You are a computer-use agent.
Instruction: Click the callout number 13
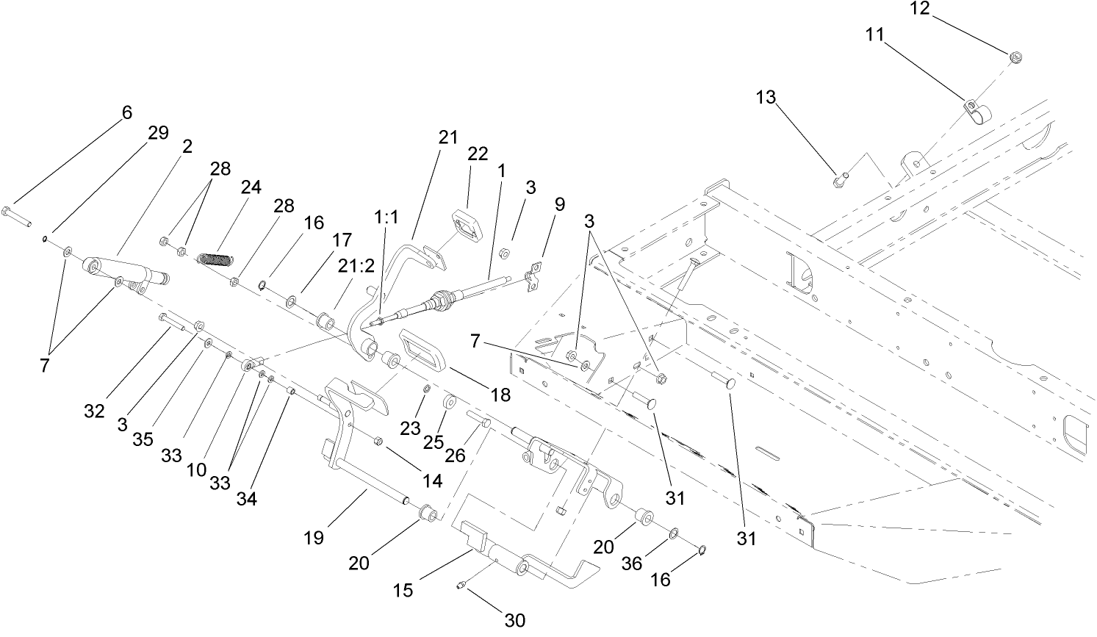pos(766,97)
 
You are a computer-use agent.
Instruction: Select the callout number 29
pos(158,133)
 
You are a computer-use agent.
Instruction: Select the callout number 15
pos(403,589)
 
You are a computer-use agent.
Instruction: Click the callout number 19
pos(314,538)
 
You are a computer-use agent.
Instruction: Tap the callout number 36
pos(632,563)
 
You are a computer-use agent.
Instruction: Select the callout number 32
pos(94,411)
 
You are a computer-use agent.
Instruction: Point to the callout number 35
pos(143,439)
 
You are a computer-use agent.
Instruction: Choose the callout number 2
pos(187,146)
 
